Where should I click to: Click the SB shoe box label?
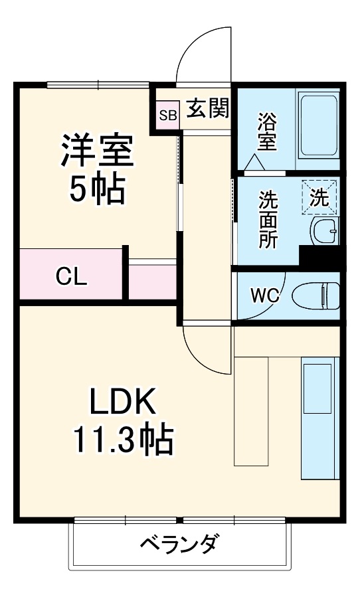167,115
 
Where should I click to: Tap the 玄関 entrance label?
207,108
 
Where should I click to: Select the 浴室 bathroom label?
267,131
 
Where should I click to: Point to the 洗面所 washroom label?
268,219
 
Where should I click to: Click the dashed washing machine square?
319,197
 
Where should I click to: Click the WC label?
264,295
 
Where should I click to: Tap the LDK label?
124,402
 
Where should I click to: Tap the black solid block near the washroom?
319,256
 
